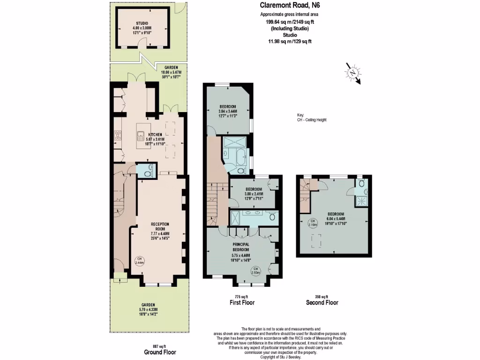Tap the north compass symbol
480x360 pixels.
[x=352, y=73]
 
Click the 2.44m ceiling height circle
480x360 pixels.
[x=139, y=261]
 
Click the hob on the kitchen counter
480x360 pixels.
[x=118, y=136]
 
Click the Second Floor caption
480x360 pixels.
[x=322, y=303]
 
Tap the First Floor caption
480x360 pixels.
[x=241, y=303]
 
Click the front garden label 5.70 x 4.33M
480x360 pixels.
[x=147, y=310]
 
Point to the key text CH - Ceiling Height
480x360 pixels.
[x=312, y=120]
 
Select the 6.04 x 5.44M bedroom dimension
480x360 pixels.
[x=336, y=219]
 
